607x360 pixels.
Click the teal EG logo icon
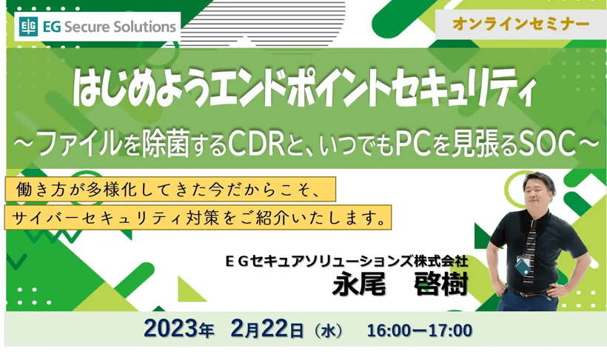pos(28,27)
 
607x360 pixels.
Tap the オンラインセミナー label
pos(520,24)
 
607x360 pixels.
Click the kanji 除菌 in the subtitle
pos(165,144)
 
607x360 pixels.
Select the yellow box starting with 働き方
pos(170,189)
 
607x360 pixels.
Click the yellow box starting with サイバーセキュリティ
pos(198,217)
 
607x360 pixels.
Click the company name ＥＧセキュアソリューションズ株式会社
pos(347,261)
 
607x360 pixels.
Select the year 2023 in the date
pos(171,329)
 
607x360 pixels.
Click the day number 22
pos(275,329)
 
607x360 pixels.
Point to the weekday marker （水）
pos(328,331)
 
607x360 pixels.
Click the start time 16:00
pos(389,330)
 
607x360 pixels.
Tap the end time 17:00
pos(450,330)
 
